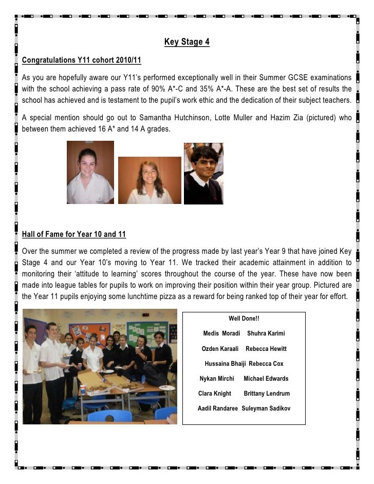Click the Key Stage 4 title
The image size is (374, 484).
[x=186, y=42]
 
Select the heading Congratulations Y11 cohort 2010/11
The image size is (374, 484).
[x=81, y=61]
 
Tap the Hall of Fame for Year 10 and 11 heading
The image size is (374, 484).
[x=74, y=234]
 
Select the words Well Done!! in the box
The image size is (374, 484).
[x=244, y=319]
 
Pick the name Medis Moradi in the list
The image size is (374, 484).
[x=221, y=333]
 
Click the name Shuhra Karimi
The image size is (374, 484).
[x=266, y=333]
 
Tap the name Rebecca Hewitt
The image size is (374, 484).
[x=266, y=349]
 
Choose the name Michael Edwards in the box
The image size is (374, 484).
[x=266, y=379]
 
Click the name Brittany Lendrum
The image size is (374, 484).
[x=267, y=394]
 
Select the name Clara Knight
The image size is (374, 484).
[x=215, y=394]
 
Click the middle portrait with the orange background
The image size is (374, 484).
[x=149, y=180]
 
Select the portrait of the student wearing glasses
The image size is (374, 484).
[x=203, y=174]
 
